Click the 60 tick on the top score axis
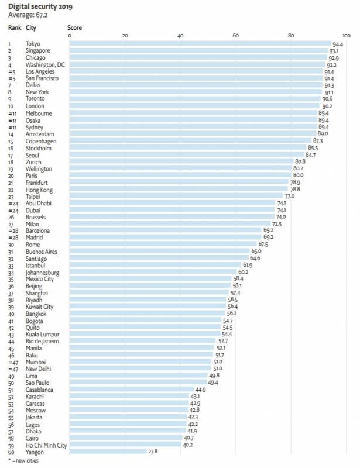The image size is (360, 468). [x=235, y=36]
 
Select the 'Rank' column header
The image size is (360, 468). [x=15, y=27]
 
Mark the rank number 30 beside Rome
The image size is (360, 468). [x=10, y=245]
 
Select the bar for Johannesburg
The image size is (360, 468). [x=153, y=272]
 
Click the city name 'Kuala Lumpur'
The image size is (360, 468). [x=43, y=333]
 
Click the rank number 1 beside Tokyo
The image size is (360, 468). [x=9, y=44]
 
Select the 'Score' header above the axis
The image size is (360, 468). [x=74, y=27]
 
